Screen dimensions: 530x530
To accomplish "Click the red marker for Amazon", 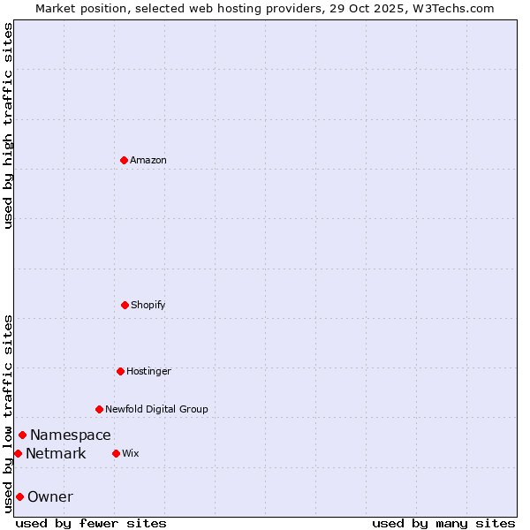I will [x=125, y=160].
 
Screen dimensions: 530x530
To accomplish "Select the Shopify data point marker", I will [x=125, y=305].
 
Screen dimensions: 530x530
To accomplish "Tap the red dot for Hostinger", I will [x=121, y=371].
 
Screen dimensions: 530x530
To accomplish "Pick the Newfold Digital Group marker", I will [x=100, y=409].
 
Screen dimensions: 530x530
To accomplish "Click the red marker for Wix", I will [x=117, y=453].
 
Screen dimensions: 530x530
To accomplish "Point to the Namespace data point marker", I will [x=23, y=435].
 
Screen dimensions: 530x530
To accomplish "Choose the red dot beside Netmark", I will [x=18, y=453].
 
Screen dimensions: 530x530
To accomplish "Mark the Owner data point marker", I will [x=19, y=496].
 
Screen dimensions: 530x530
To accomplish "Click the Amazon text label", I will [x=148, y=160].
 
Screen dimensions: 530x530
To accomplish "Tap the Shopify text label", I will [x=148, y=305].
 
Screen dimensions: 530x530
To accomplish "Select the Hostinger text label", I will [x=148, y=371].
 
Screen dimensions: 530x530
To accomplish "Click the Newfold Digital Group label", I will [x=156, y=409].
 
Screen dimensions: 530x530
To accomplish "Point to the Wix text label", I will [x=131, y=453].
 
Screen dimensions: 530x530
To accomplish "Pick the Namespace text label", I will [x=71, y=435].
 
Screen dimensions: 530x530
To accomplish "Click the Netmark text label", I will [x=56, y=453].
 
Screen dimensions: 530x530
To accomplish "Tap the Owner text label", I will [x=50, y=496].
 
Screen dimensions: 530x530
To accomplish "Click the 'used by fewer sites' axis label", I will [x=91, y=523].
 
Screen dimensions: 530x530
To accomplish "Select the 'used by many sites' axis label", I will [x=443, y=523].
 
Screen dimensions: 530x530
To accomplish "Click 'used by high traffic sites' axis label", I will [x=8, y=125].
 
